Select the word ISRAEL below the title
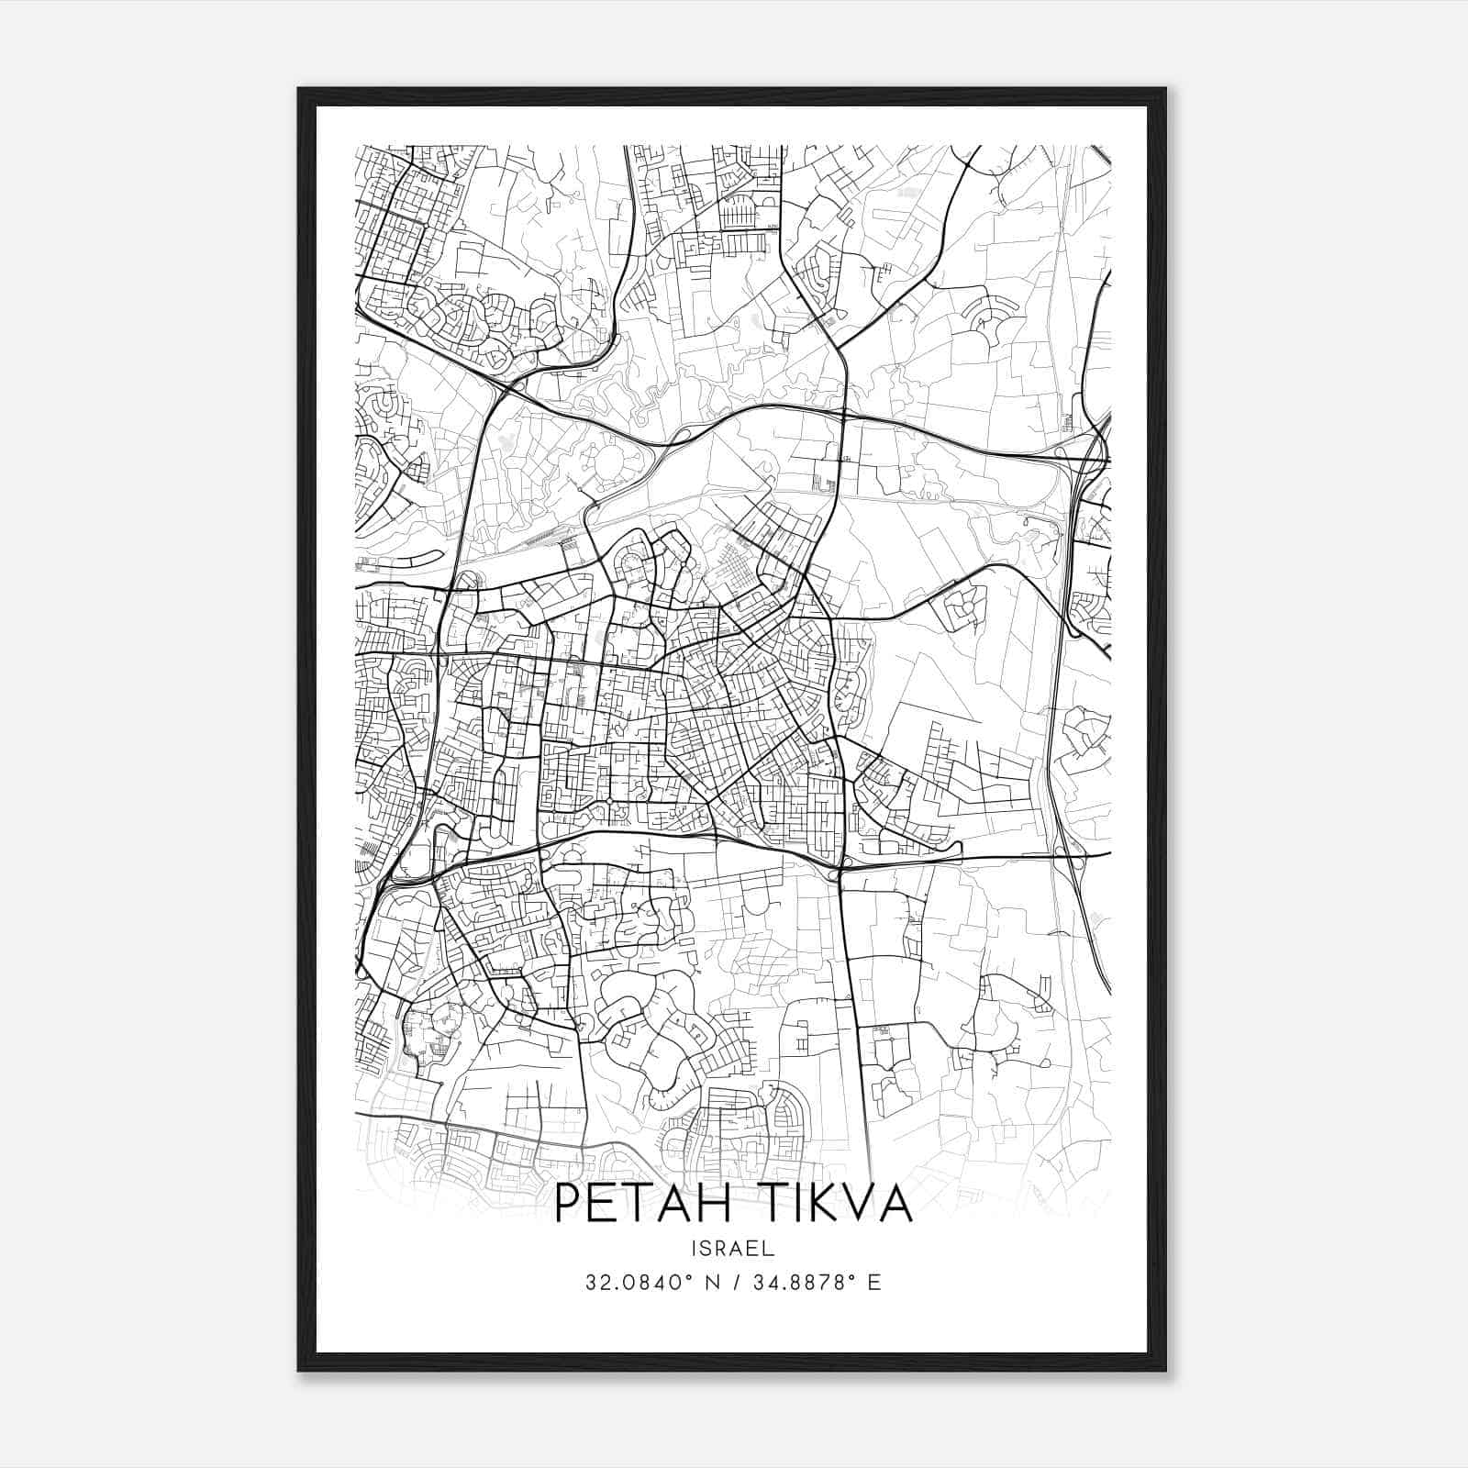(x=733, y=1249)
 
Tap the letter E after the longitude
(x=874, y=1283)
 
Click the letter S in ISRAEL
(x=706, y=1249)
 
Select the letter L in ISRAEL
(x=771, y=1249)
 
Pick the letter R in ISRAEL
(x=722, y=1249)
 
